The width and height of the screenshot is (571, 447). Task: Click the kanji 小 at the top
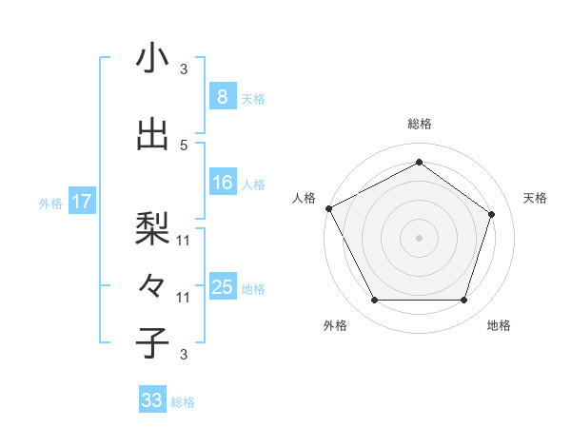pos(152,58)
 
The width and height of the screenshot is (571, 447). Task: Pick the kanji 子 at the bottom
pos(152,342)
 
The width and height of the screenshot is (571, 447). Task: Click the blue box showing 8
pos(222,97)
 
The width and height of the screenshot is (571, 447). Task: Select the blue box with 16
pos(222,183)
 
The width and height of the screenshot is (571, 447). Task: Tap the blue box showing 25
pos(222,287)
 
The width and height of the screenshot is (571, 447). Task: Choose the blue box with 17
pos(81,202)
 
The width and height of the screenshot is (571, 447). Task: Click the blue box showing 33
pos(152,400)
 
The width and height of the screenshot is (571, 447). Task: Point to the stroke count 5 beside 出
pos(184,145)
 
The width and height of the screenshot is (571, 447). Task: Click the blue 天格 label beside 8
pos(252,98)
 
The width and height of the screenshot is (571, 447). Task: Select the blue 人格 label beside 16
pos(252,184)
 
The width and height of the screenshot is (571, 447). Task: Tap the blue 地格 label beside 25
pos(252,288)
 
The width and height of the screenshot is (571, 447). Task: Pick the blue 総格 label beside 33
pos(183,401)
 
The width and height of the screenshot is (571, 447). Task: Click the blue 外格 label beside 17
pos(50,203)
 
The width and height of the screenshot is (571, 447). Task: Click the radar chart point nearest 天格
pos(491,214)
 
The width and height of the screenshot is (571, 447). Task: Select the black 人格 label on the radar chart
pos(305,198)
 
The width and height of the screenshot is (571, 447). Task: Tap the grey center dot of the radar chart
pos(419,237)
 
